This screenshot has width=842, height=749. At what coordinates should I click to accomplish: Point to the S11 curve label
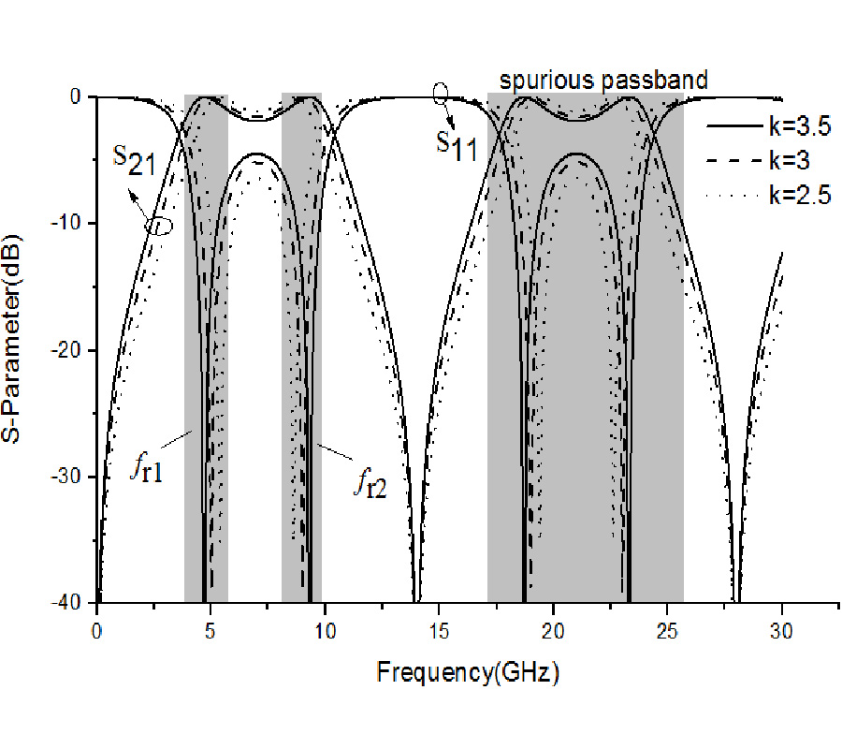[x=457, y=144]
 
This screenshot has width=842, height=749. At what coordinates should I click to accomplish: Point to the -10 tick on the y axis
[x=73, y=223]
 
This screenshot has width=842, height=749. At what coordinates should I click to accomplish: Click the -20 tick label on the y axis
[x=73, y=350]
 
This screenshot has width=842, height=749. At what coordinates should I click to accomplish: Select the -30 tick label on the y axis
[x=73, y=477]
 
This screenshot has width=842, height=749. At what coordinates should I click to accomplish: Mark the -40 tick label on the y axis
[x=73, y=602]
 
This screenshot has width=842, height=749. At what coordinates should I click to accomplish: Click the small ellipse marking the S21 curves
[x=160, y=226]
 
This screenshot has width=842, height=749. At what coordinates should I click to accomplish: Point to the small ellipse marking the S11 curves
[x=441, y=93]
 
